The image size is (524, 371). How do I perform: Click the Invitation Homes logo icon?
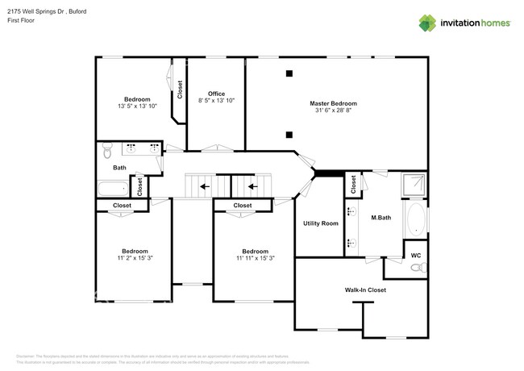[x=427, y=23]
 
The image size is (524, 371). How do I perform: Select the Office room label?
[x=216, y=94]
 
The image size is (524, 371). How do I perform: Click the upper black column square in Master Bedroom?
[x=289, y=74]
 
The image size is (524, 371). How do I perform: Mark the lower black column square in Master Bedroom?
[x=289, y=135]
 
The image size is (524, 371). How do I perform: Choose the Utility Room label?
[x=320, y=223]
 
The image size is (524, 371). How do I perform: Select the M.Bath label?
[x=381, y=218]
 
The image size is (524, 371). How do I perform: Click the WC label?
[x=415, y=256]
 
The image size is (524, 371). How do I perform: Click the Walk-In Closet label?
[x=365, y=290]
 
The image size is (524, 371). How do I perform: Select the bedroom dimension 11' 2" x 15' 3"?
[x=133, y=258]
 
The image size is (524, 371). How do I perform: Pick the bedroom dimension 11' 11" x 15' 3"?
[x=255, y=258]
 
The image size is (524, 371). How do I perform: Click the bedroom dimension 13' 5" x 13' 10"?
[x=136, y=106]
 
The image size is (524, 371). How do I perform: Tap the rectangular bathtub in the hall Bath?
[x=113, y=189]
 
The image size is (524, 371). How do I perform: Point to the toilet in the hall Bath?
[x=106, y=150]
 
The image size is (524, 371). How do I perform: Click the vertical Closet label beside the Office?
[x=179, y=89]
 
